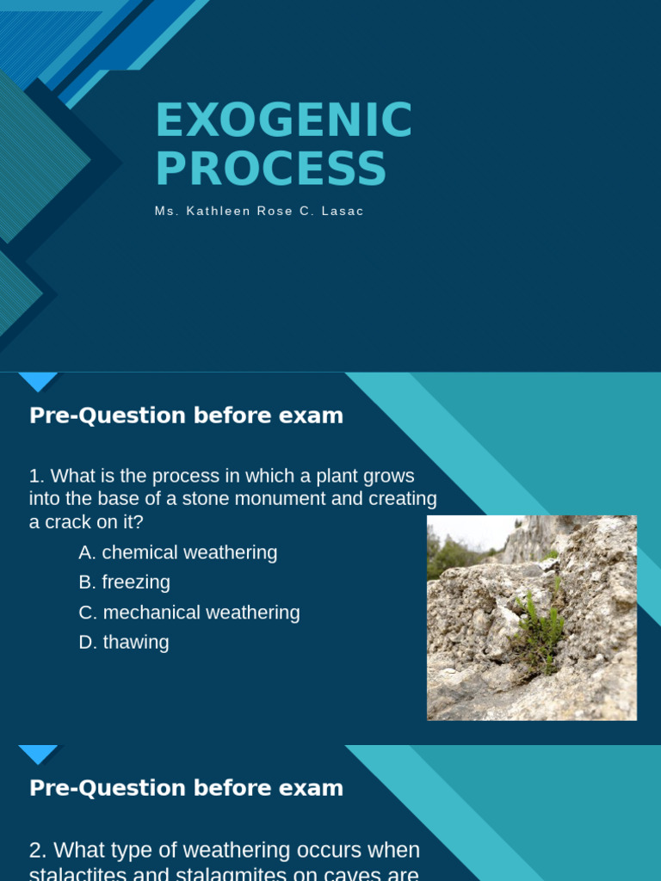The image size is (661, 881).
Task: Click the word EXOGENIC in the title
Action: click(x=283, y=120)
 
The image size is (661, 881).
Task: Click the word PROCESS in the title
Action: click(x=270, y=169)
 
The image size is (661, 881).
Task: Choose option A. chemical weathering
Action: click(x=178, y=552)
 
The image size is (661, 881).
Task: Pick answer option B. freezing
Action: click(x=125, y=582)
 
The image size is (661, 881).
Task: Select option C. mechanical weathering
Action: click(x=189, y=613)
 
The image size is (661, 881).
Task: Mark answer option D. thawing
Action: click(x=124, y=643)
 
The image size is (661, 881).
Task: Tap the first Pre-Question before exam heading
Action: click(x=186, y=416)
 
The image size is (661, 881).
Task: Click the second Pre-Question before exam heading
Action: click(x=186, y=788)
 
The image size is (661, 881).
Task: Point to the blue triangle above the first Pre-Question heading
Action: click(x=38, y=381)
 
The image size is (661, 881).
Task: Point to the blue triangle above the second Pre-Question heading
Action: click(x=38, y=755)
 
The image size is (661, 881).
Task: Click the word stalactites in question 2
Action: click(x=77, y=874)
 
